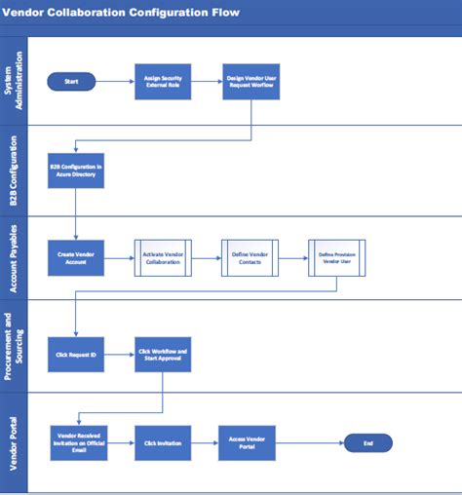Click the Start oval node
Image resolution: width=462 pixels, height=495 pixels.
click(x=71, y=82)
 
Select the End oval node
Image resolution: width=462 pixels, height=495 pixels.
click(x=367, y=442)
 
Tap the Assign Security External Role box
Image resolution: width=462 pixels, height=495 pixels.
click(x=163, y=82)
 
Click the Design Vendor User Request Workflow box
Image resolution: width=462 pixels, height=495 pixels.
click(x=251, y=82)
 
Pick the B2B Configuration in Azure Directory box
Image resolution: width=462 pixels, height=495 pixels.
click(x=76, y=171)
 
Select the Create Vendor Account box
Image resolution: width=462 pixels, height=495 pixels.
click(x=76, y=258)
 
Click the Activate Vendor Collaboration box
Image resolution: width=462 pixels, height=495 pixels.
click(x=163, y=258)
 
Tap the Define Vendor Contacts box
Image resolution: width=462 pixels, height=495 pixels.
click(x=250, y=258)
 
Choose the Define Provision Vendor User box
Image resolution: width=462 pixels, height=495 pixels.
click(x=337, y=258)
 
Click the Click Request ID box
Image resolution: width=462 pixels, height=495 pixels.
click(x=76, y=354)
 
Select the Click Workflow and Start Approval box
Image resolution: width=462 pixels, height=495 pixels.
click(x=163, y=354)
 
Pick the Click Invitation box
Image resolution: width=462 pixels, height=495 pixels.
click(x=163, y=442)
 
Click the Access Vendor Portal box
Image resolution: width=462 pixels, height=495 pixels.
click(x=248, y=442)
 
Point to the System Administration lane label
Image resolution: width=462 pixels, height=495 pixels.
click(x=14, y=82)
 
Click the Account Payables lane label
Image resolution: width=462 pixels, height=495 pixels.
click(x=14, y=258)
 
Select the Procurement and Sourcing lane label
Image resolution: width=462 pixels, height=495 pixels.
click(x=14, y=346)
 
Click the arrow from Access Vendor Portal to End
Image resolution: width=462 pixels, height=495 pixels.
click(x=310, y=442)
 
